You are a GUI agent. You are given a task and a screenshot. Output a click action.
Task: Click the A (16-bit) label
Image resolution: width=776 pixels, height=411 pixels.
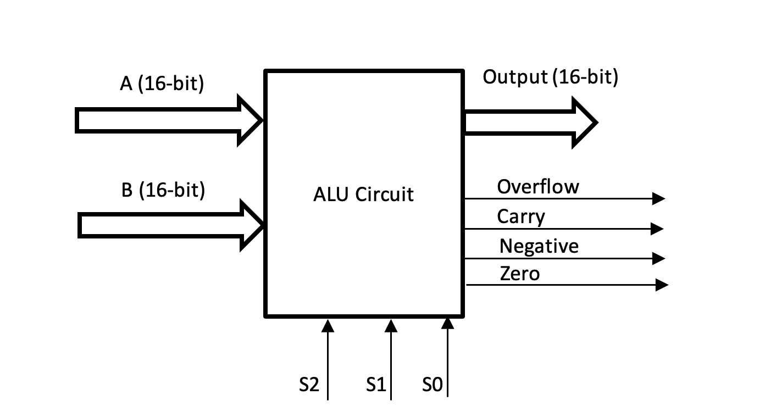[x=162, y=84]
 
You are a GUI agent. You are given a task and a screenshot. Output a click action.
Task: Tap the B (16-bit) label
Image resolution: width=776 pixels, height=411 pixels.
[x=163, y=190]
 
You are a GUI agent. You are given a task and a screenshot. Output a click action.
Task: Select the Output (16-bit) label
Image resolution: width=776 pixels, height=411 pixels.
[x=551, y=77]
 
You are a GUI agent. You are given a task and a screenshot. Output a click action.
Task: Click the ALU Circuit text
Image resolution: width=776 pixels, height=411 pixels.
[x=363, y=195]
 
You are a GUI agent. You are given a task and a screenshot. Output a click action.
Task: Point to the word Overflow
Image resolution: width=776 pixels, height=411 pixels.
[x=538, y=187]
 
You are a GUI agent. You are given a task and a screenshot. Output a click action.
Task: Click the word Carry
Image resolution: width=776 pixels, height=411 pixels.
[x=521, y=217]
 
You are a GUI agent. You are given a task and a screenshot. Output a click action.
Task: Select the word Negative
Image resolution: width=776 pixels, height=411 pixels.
[x=539, y=247]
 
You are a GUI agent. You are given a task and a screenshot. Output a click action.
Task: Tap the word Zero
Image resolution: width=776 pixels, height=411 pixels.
[x=520, y=274]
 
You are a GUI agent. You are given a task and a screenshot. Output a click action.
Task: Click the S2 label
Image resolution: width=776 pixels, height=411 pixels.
[x=309, y=384]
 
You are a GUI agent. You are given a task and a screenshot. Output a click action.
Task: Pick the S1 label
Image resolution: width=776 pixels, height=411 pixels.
[x=376, y=384]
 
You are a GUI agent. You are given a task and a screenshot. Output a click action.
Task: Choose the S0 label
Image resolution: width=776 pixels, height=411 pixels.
[x=433, y=384]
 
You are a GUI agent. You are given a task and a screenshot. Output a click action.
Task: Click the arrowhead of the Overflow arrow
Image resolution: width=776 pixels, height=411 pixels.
[x=658, y=199]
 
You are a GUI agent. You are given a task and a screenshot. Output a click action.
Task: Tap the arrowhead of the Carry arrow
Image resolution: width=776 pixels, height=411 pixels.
[x=657, y=229]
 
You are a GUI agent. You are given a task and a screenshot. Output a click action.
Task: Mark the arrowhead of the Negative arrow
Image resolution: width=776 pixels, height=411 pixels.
[x=658, y=258]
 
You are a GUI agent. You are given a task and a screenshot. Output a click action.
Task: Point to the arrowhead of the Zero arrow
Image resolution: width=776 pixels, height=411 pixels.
[x=662, y=285]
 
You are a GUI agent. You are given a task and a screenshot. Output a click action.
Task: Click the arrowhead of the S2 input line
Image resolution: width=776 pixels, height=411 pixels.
[x=328, y=326]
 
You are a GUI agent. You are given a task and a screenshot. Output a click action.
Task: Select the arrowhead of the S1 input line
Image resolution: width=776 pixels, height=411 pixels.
[x=391, y=326]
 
